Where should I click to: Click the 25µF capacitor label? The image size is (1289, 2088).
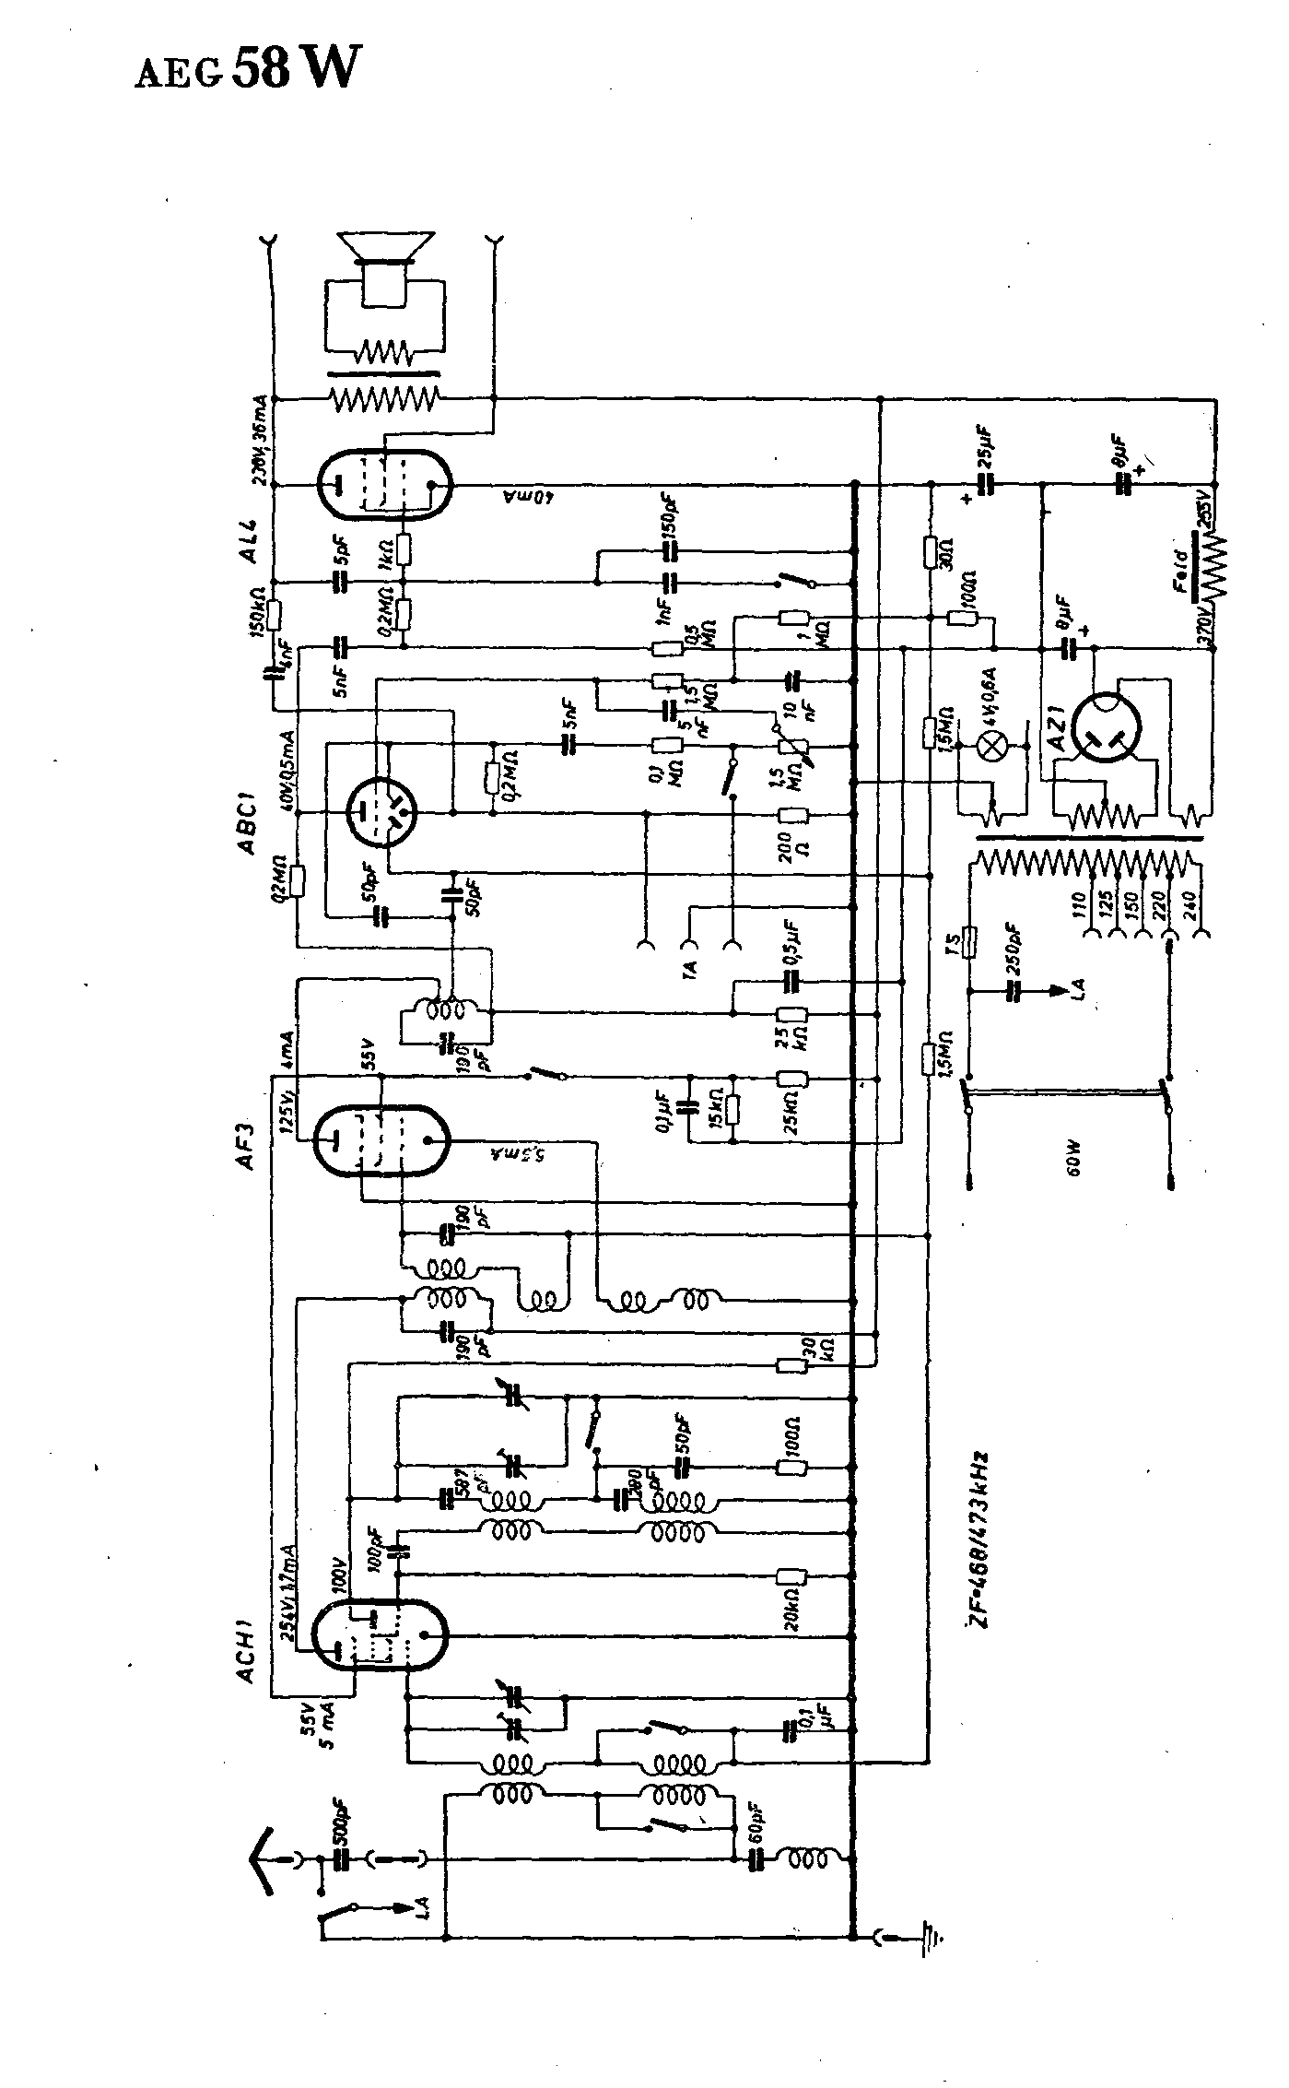pos(983,446)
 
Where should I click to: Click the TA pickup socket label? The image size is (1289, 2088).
pos(690,968)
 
